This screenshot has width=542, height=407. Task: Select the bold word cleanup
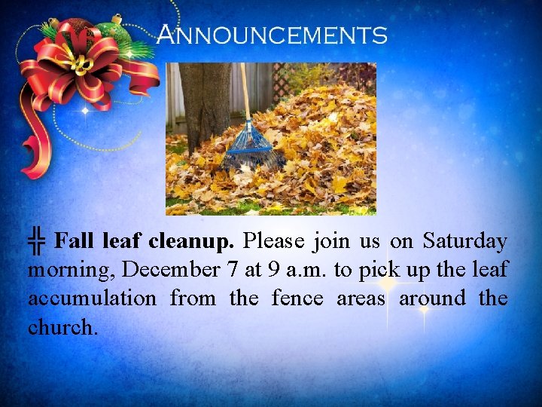[193, 242]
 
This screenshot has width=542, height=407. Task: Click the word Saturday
[464, 241]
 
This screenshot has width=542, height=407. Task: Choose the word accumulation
[92, 298]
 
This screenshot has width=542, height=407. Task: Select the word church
[62, 326]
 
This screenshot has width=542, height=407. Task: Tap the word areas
[361, 298]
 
